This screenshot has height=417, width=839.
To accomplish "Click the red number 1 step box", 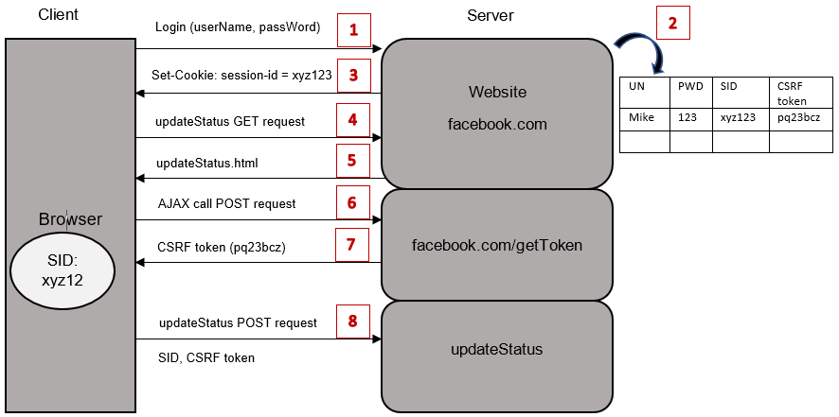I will click(353, 29).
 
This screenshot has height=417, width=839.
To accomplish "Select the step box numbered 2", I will click(673, 24).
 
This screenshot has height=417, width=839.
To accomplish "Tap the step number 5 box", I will click(353, 161).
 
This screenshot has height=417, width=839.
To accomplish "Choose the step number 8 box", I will click(353, 321).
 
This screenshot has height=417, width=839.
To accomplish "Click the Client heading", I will click(59, 15).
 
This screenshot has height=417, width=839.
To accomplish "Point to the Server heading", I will click(491, 15).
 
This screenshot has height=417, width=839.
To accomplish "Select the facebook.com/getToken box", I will click(496, 245).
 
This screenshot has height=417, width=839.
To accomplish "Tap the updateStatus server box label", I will click(497, 350).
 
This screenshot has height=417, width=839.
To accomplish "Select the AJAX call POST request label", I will click(226, 203).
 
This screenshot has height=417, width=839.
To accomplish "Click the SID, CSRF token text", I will click(206, 357).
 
